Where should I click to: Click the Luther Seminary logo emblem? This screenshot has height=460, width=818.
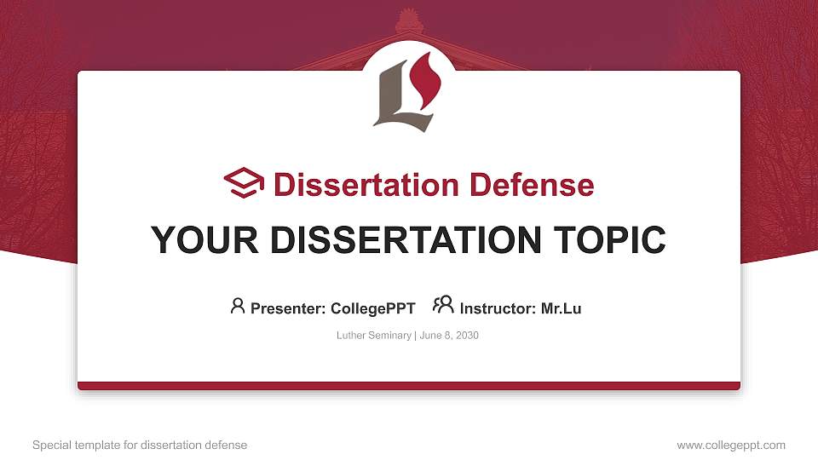pyautogui.click(x=407, y=94)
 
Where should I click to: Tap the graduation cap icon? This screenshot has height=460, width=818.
pyautogui.click(x=245, y=183)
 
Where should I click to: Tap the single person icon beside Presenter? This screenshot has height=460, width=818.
pyautogui.click(x=238, y=306)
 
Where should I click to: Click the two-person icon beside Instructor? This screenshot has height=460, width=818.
pyautogui.click(x=443, y=305)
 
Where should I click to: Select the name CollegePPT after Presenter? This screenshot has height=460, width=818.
pyautogui.click(x=372, y=308)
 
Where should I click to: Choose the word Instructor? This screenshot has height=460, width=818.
pyautogui.click(x=498, y=308)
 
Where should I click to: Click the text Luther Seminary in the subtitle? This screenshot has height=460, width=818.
pyautogui.click(x=374, y=336)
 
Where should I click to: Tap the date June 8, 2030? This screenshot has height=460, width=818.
pyautogui.click(x=449, y=336)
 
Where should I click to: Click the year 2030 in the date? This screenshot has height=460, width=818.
pyautogui.click(x=466, y=336)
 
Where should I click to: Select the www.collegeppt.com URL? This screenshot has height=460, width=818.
pyautogui.click(x=731, y=445)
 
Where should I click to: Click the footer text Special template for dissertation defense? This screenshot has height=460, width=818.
pyautogui.click(x=140, y=445)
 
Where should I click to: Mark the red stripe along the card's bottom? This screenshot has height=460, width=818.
pyautogui.click(x=409, y=386)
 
